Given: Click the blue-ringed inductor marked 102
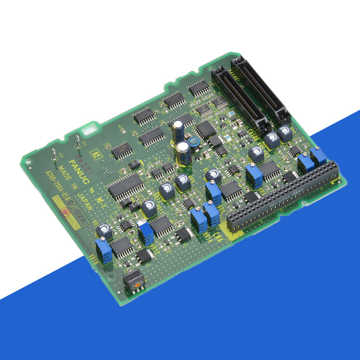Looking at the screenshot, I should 195,141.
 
